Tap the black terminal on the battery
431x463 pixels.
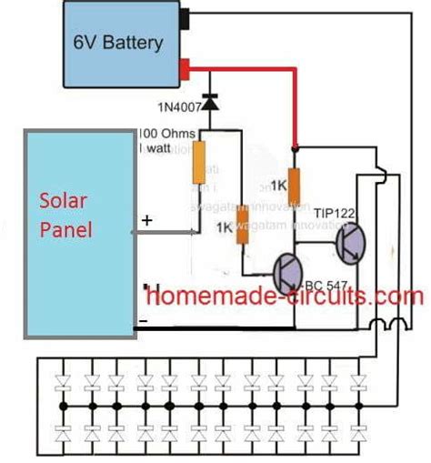[186, 16]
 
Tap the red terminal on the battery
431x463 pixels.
[186, 67]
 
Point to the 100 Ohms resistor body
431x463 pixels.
[198, 164]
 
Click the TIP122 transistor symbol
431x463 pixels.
[348, 244]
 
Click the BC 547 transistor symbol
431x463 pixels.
[289, 271]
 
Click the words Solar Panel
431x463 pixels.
[65, 216]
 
